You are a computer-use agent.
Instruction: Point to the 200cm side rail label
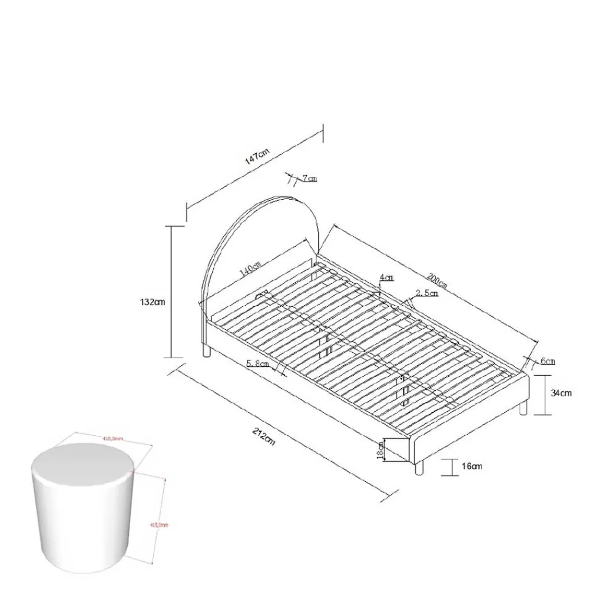[437, 281]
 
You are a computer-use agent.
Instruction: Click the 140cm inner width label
[250, 269]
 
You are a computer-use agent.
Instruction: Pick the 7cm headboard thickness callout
[309, 178]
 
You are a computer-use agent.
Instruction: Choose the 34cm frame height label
[560, 393]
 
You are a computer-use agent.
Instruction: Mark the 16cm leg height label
[472, 466]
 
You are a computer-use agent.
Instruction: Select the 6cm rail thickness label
[547, 361]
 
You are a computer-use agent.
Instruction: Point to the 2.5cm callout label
[427, 293]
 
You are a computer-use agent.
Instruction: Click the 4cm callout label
[387, 277]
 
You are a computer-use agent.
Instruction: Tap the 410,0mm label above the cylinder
[112, 438]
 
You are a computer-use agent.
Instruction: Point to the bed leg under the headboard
[206, 352]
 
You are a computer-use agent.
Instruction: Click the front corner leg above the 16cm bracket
[419, 468]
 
